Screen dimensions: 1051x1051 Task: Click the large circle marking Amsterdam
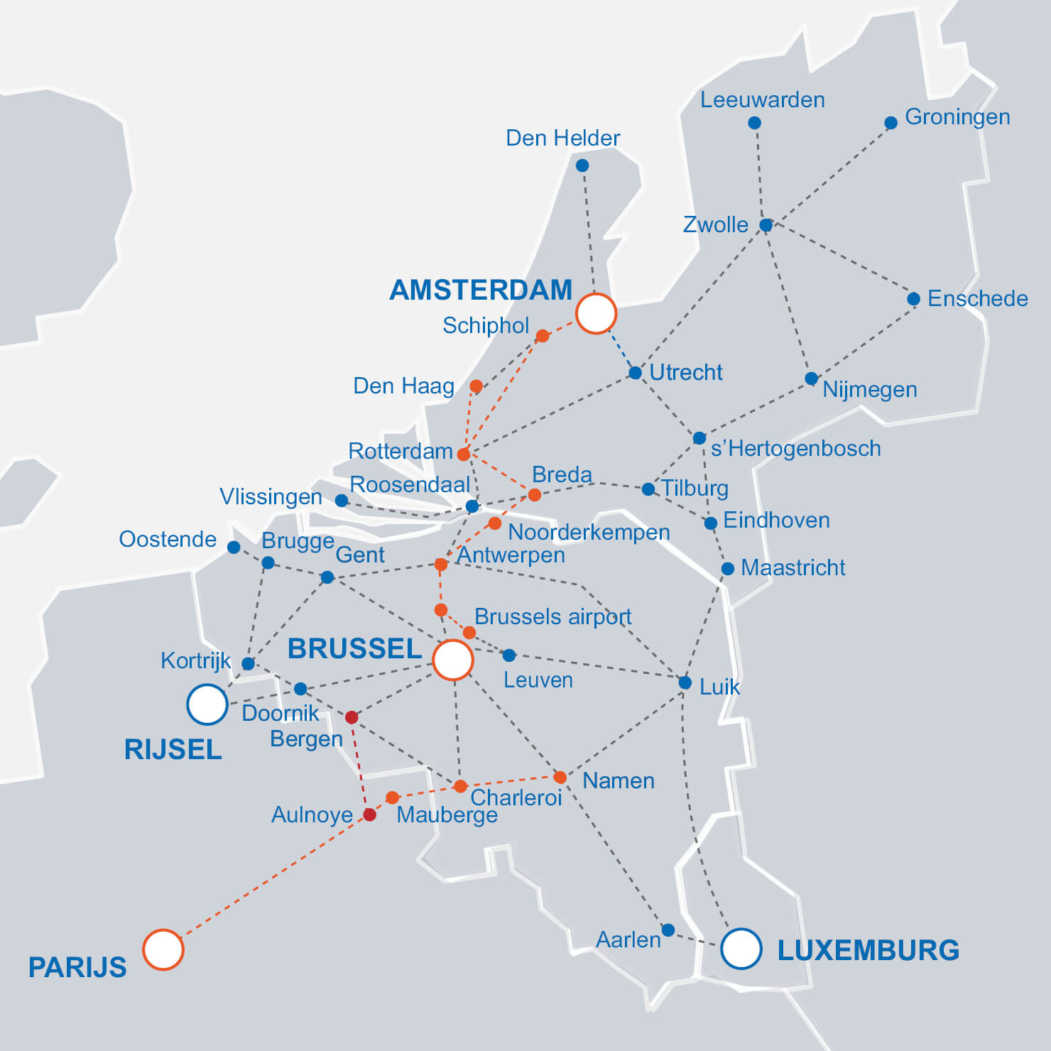[x=596, y=313]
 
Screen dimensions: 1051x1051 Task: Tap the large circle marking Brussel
[x=453, y=660]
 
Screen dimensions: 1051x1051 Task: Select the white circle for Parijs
[x=163, y=949]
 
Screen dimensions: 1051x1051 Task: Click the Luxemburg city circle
[x=741, y=949]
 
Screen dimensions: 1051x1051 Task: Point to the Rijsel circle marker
[x=207, y=704]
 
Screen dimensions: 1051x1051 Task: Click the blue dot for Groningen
[x=891, y=123]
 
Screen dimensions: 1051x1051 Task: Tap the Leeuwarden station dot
[x=755, y=123]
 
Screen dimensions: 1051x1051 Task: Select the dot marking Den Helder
[x=582, y=165]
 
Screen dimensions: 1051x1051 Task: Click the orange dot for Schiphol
[x=543, y=336]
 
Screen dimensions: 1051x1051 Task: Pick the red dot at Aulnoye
[x=369, y=815]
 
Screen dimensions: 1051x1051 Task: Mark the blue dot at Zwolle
[x=766, y=225]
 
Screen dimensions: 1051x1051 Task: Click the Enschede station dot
[x=914, y=299]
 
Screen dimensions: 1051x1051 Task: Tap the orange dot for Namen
[x=560, y=778]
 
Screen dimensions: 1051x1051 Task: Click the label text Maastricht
[x=793, y=567]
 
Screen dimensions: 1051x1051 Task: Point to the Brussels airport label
[x=552, y=616]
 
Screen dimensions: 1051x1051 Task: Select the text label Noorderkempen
[x=589, y=532]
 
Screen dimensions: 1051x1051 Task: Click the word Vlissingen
[x=271, y=496]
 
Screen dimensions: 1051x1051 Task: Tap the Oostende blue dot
[x=234, y=547]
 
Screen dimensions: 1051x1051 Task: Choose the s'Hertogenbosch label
[x=795, y=448]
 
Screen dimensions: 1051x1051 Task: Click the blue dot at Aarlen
[x=668, y=930]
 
